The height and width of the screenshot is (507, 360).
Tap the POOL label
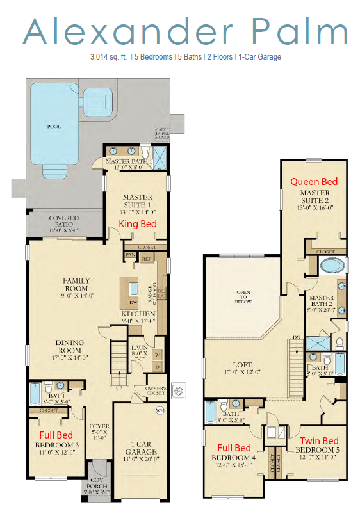54,127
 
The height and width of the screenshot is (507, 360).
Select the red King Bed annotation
138,223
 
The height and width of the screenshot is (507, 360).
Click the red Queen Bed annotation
314,182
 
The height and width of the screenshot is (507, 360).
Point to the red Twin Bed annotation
320,441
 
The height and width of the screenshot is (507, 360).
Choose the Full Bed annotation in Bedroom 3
56,435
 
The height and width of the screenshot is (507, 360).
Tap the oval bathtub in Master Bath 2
332,266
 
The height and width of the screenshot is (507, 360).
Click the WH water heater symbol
160,412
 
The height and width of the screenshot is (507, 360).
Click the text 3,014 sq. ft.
110,57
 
